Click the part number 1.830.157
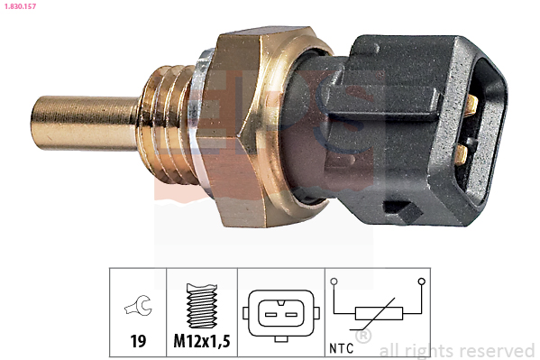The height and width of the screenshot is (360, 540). click(x=20, y=6)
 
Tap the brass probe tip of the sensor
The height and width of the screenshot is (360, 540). click(x=85, y=123)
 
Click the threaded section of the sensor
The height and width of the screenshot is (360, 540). click(x=168, y=124)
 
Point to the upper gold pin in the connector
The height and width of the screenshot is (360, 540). click(x=472, y=106)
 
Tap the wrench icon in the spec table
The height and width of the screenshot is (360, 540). click(x=139, y=305)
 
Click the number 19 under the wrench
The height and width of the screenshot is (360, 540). click(x=138, y=341)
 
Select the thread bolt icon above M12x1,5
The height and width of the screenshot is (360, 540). click(x=202, y=306)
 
